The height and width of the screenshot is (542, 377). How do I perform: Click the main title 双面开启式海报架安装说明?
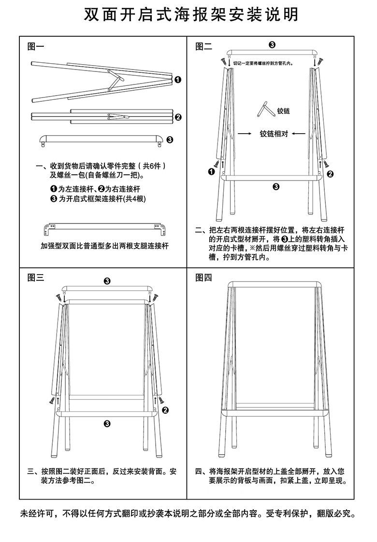188,14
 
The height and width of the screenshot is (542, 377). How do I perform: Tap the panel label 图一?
36,46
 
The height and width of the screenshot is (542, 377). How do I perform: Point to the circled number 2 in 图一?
178,117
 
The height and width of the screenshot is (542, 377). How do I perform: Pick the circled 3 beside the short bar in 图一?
170,140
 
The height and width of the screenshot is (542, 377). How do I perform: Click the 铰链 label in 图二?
283,111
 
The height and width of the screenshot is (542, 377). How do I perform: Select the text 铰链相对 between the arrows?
274,134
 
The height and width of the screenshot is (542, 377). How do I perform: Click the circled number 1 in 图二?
212,171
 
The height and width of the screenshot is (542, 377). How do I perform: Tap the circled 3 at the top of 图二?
272,45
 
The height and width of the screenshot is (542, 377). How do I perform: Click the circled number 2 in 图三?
166,410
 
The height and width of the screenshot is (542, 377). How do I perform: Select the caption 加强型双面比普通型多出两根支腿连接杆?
104,246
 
